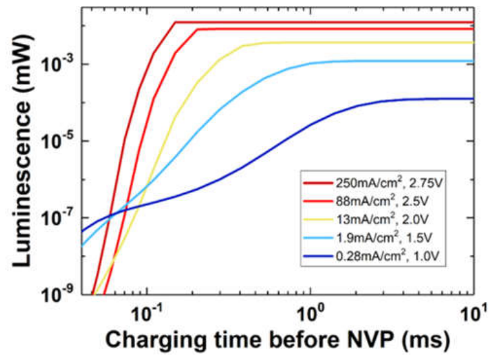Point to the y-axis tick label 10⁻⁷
(59, 217)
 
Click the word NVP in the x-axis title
(366, 340)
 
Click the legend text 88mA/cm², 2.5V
(381, 201)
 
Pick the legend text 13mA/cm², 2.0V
(381, 219)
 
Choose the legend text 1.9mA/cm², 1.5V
(383, 237)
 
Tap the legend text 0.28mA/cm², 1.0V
(387, 256)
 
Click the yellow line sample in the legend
(318, 220)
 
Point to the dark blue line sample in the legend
(318, 257)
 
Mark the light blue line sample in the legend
(318, 238)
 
